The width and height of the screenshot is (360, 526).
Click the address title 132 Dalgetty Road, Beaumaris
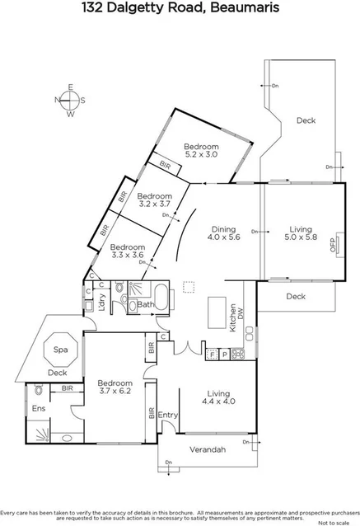pyautogui.click(x=180, y=9)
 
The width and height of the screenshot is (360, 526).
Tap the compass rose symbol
pyautogui.click(x=70, y=101)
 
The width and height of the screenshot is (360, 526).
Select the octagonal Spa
pyautogui.click(x=60, y=350)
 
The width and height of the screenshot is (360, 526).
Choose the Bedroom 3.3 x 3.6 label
pyautogui.click(x=127, y=251)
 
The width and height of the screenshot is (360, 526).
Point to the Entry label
pyautogui.click(x=168, y=415)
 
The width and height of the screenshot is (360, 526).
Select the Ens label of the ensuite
pyautogui.click(x=39, y=408)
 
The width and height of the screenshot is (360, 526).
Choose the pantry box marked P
pyautogui.click(x=223, y=355)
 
